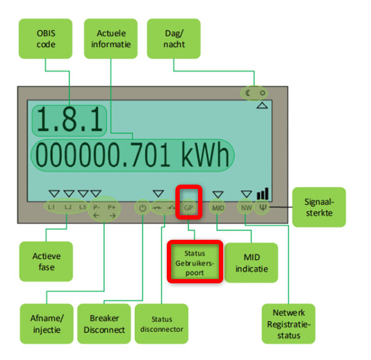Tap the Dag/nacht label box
click(x=175, y=37)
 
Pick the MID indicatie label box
click(x=251, y=262)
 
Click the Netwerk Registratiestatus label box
click(x=288, y=324)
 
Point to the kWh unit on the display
click(x=205, y=156)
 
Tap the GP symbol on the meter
click(x=188, y=208)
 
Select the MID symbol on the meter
click(x=218, y=208)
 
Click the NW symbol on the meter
click(x=246, y=208)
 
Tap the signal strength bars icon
click(x=262, y=194)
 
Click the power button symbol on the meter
click(x=142, y=208)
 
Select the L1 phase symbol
click(x=52, y=207)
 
